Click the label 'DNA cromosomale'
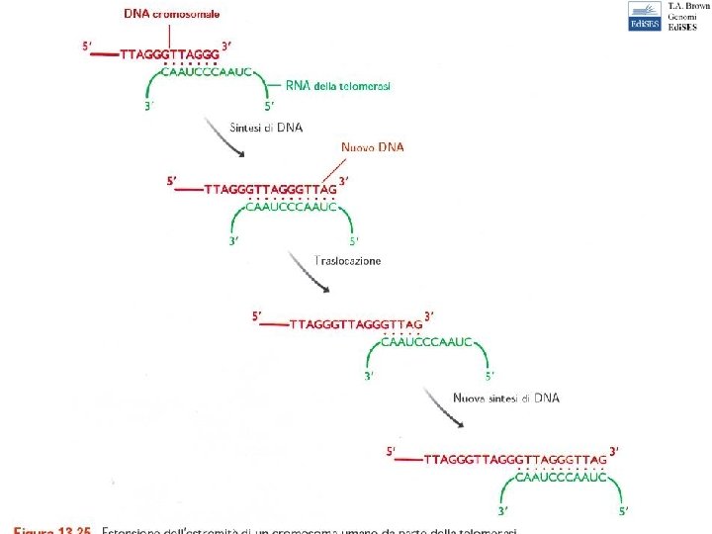click(x=172, y=14)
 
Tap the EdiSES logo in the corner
click(x=644, y=17)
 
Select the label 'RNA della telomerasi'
click(x=338, y=86)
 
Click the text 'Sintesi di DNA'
click(x=266, y=127)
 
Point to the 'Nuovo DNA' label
click(x=373, y=147)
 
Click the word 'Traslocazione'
click(x=347, y=261)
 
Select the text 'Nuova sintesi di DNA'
click(x=506, y=398)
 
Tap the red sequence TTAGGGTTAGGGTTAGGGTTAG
click(x=514, y=460)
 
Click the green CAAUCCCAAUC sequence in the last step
click(x=561, y=477)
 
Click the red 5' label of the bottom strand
click(x=392, y=451)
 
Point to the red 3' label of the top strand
click(x=227, y=45)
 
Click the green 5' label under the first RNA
click(x=269, y=106)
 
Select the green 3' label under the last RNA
click(x=502, y=511)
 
